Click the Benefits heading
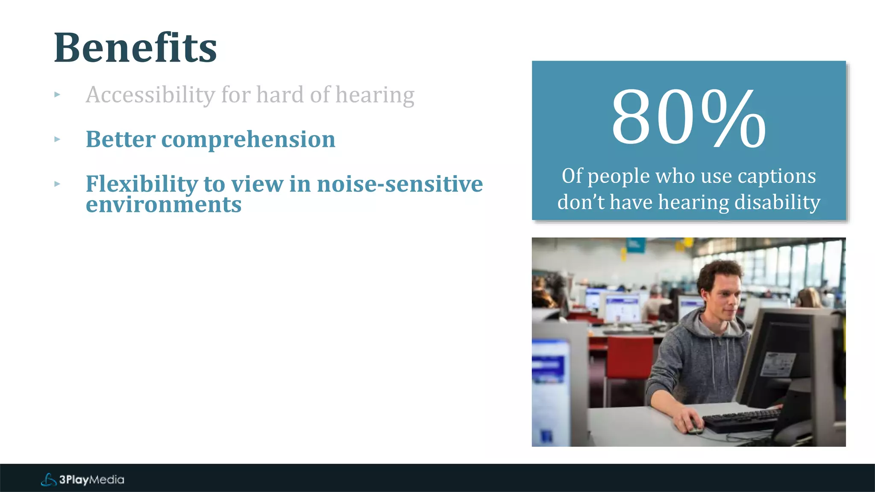135,48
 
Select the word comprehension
248,139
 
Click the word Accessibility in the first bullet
150,95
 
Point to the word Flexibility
141,184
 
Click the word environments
163,205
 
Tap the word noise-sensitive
399,184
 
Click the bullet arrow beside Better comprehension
57,139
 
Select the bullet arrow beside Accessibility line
57,95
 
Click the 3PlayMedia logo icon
48,480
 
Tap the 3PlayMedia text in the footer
91,480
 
